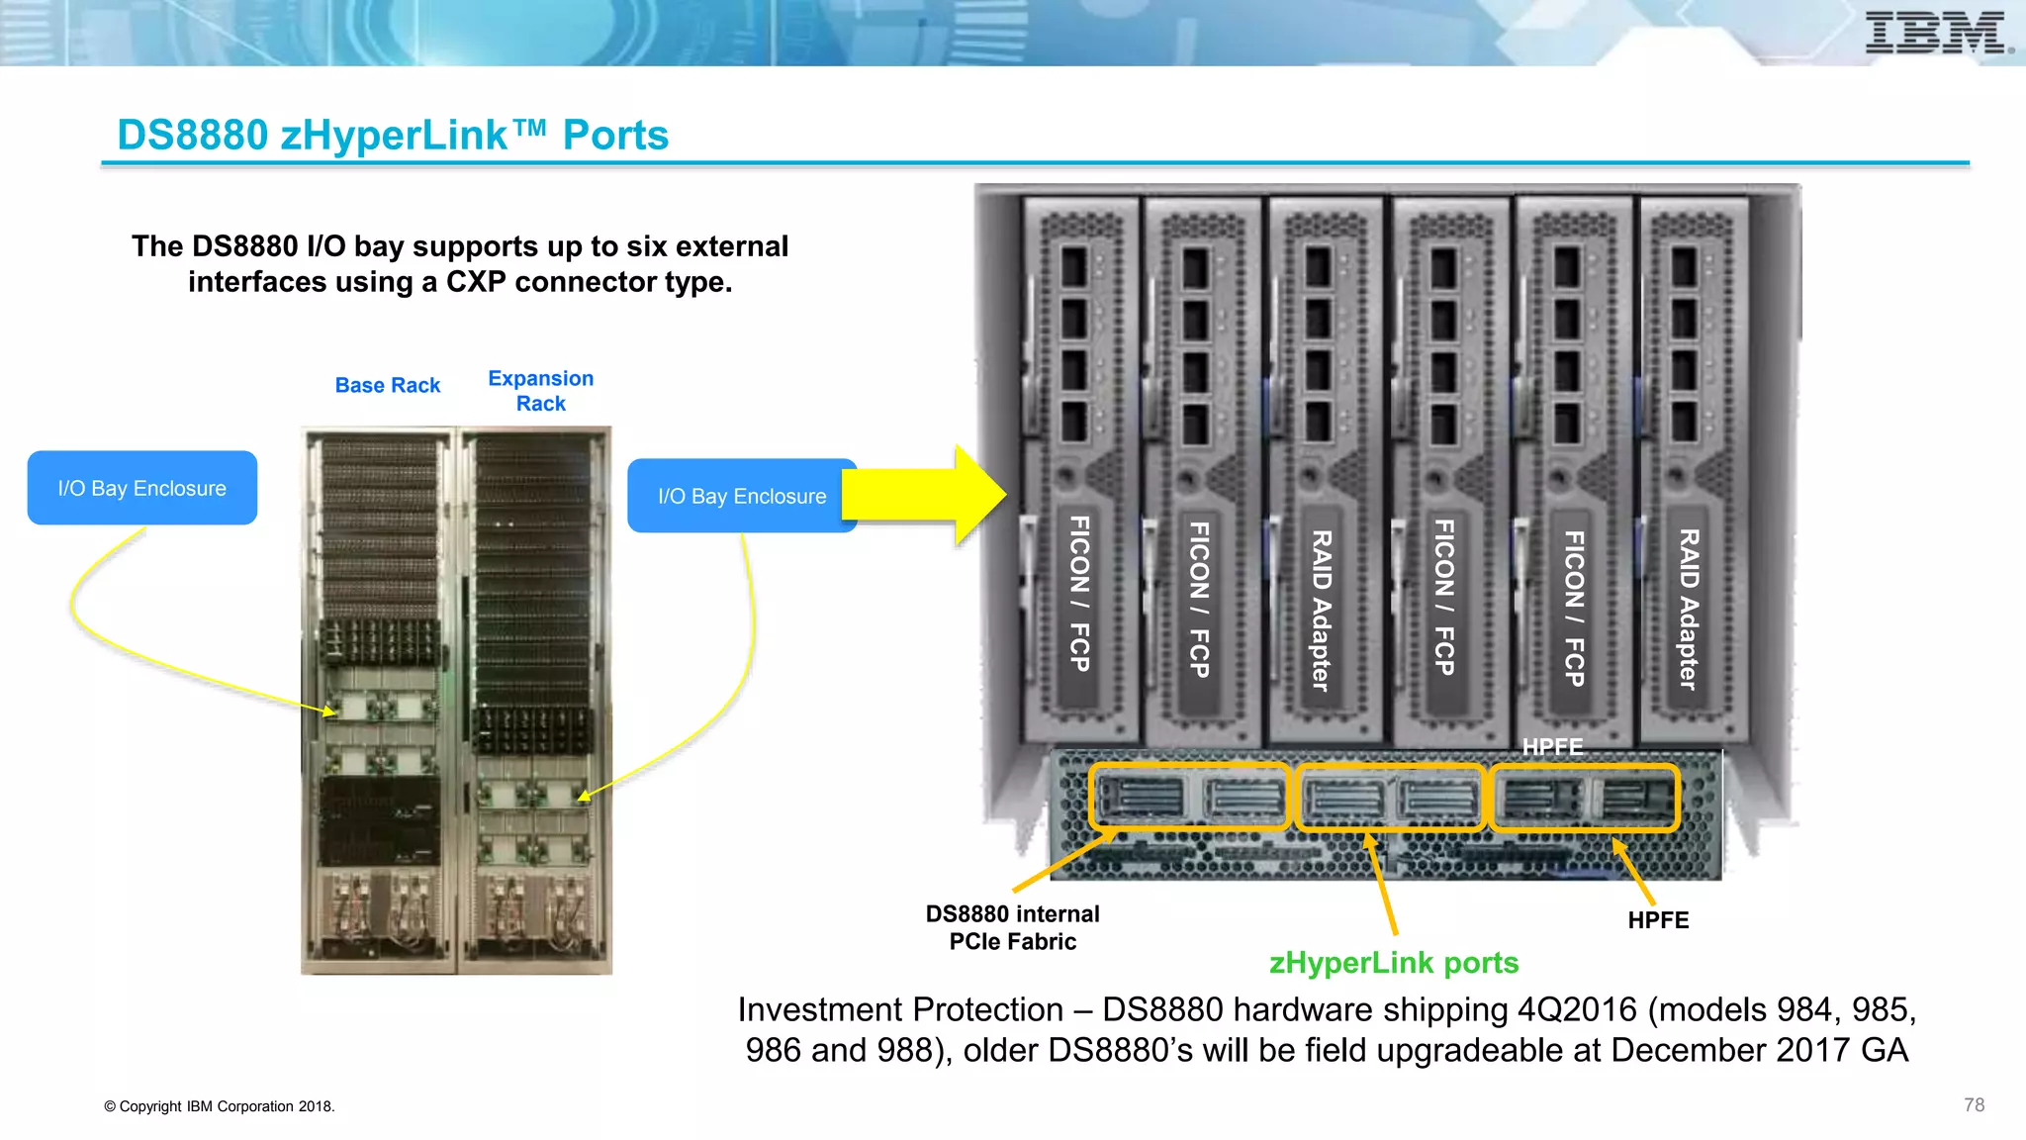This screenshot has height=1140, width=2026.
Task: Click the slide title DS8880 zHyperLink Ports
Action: point(393,136)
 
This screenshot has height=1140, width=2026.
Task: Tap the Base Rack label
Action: point(388,385)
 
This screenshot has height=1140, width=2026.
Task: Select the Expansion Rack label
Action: point(541,391)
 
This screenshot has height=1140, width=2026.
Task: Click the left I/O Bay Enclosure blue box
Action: point(142,488)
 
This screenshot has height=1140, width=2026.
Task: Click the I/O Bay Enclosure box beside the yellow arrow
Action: point(741,496)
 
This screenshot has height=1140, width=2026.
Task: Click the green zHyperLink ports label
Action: point(1393,962)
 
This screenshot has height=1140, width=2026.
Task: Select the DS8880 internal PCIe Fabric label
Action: point(1012,927)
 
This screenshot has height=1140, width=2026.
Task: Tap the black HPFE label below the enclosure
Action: point(1658,920)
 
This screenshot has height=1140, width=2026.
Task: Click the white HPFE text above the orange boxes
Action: point(1552,747)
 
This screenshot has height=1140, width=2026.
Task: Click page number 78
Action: point(1974,1104)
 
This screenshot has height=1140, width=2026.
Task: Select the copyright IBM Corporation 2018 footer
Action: point(220,1106)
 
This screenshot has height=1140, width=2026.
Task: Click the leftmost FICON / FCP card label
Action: point(1080,594)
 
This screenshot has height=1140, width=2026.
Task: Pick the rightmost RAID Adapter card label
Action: point(1688,609)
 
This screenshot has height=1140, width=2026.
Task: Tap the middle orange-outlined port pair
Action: point(1390,797)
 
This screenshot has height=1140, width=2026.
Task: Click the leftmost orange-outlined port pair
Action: point(1189,797)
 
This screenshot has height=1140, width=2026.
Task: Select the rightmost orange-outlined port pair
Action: point(1584,797)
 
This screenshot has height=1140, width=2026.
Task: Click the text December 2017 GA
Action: point(1759,1050)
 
